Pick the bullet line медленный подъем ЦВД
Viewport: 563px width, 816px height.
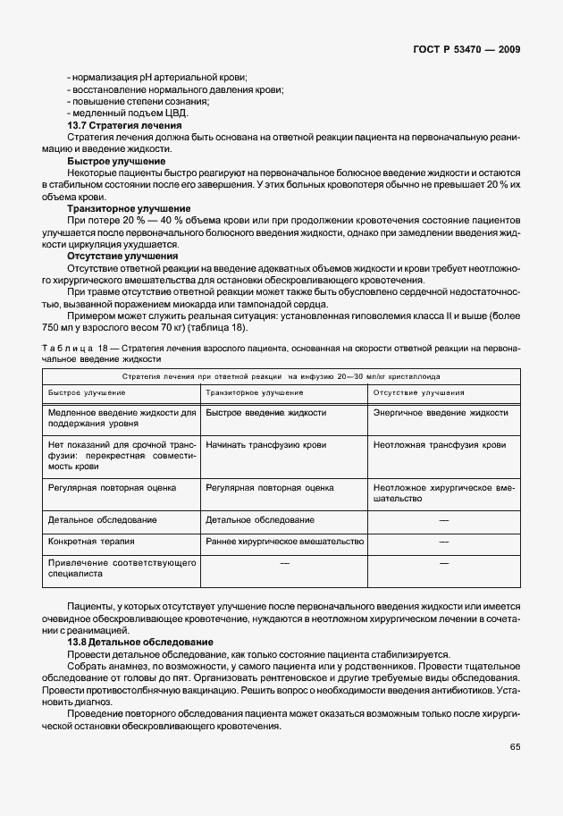pos(127,114)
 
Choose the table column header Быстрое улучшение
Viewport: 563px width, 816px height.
pos(87,392)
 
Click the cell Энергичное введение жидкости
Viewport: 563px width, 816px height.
pos(441,413)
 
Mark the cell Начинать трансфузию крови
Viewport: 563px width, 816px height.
pos(265,444)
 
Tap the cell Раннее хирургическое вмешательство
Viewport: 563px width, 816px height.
pos(284,542)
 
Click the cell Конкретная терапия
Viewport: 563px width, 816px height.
pos(92,542)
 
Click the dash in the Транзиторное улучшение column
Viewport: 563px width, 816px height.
pos(285,563)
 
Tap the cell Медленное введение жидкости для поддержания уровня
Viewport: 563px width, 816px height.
pos(122,418)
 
